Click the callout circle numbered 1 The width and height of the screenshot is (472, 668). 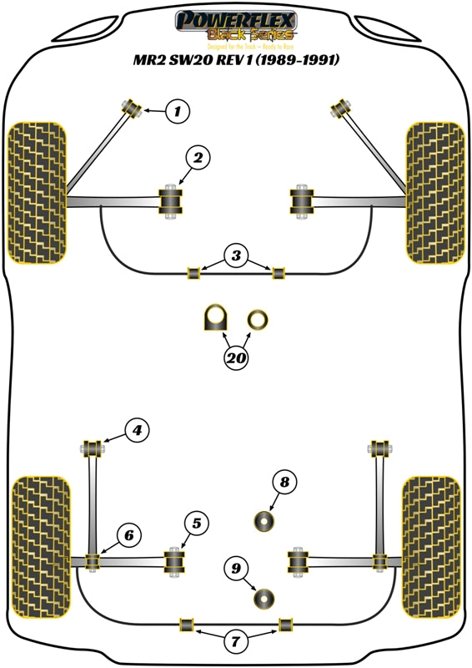(x=177, y=110)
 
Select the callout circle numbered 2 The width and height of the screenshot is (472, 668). (x=198, y=157)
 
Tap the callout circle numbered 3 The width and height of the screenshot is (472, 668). (x=236, y=255)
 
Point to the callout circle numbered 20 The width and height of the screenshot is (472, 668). (x=236, y=358)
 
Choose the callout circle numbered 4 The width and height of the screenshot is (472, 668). (x=136, y=430)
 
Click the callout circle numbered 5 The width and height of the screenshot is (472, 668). (x=196, y=524)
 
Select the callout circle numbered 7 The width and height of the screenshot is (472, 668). (x=236, y=641)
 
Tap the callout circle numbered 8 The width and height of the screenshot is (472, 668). (x=284, y=482)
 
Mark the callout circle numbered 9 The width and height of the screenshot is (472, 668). (x=236, y=569)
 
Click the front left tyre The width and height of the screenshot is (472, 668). (x=37, y=192)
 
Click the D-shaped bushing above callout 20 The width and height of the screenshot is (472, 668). (x=216, y=318)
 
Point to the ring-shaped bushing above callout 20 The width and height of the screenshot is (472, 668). (x=258, y=318)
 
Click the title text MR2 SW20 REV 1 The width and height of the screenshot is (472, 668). (x=237, y=61)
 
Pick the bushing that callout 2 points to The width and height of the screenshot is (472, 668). (x=171, y=202)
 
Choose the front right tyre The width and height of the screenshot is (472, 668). (x=434, y=192)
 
